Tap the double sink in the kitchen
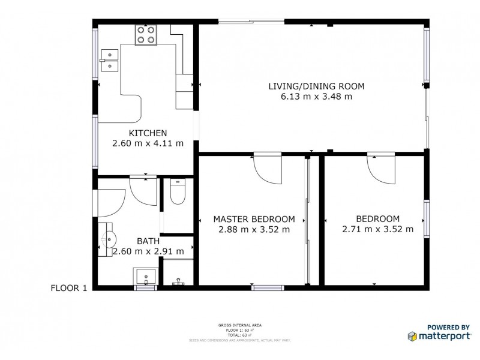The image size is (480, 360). point(110,61)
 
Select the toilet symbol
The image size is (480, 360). point(178,193)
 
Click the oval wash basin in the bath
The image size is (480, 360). point(109,239)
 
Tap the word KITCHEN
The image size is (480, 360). point(148,133)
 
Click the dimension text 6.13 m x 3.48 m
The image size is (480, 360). point(316,96)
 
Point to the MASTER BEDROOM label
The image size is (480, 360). point(254,218)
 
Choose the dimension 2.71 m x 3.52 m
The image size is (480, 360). point(377,229)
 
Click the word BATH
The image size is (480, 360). point(148,241)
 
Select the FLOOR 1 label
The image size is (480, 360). point(69,288)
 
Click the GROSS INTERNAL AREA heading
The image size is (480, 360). point(240,325)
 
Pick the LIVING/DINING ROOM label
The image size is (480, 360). point(316,86)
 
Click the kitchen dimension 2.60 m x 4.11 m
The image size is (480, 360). point(148,143)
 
